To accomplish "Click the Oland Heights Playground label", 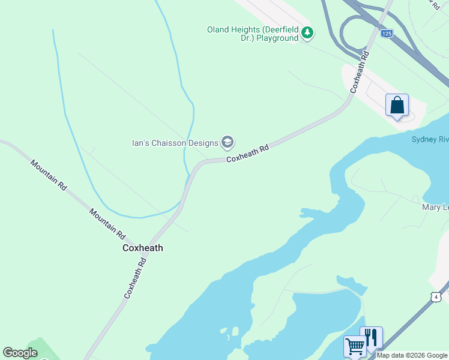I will pos(253,34).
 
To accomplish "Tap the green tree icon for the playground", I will pos(307,32).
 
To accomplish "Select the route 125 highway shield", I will pos(387,33).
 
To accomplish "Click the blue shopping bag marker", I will pos(397,106).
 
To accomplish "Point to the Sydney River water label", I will pos(430,139).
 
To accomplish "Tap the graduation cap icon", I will pos(228,142).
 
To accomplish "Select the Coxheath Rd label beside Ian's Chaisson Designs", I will pos(247,154).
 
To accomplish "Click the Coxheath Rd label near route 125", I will pos(363,71).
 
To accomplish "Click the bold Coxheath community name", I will pos(142,247).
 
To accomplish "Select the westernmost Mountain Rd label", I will pos(49,175).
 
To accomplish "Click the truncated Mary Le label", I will pos(435,207).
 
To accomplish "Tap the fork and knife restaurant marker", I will pos(372,338).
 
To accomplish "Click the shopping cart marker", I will pos(354,346).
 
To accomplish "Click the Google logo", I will pos(20,352).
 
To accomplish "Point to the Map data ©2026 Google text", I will pos(412,355).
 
